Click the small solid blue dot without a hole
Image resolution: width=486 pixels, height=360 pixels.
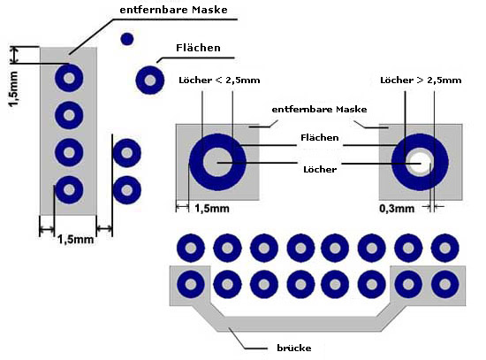coord(126,40)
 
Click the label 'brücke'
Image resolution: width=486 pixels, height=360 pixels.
coord(294,348)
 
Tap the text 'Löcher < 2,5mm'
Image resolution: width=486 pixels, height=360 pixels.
coord(219,80)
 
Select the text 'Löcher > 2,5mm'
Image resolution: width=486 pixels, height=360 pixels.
coord(421,80)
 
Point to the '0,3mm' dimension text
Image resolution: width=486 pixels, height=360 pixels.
coord(397,209)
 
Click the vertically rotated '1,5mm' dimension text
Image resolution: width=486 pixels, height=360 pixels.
coord(13,88)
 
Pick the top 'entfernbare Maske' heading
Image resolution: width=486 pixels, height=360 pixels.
coord(173,10)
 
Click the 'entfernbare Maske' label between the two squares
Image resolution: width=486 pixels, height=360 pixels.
coord(319,110)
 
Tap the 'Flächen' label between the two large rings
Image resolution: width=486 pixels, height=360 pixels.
coord(320,137)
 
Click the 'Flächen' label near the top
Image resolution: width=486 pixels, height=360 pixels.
coord(198,48)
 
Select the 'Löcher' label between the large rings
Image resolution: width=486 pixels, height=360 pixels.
coord(320,170)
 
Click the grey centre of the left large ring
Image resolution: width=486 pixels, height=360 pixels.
coord(217,163)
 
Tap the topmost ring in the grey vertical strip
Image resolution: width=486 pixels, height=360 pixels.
coord(69,78)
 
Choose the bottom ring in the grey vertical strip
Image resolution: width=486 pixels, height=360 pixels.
coord(69,189)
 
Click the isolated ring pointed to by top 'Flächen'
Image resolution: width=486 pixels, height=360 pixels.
coord(150,80)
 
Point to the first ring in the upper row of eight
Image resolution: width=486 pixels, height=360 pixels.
coord(191,248)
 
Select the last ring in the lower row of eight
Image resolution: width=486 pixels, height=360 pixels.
coord(445,284)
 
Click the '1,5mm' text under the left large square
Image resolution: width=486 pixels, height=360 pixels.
coord(212,209)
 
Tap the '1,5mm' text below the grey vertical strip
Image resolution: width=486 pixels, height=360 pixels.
coord(76,240)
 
